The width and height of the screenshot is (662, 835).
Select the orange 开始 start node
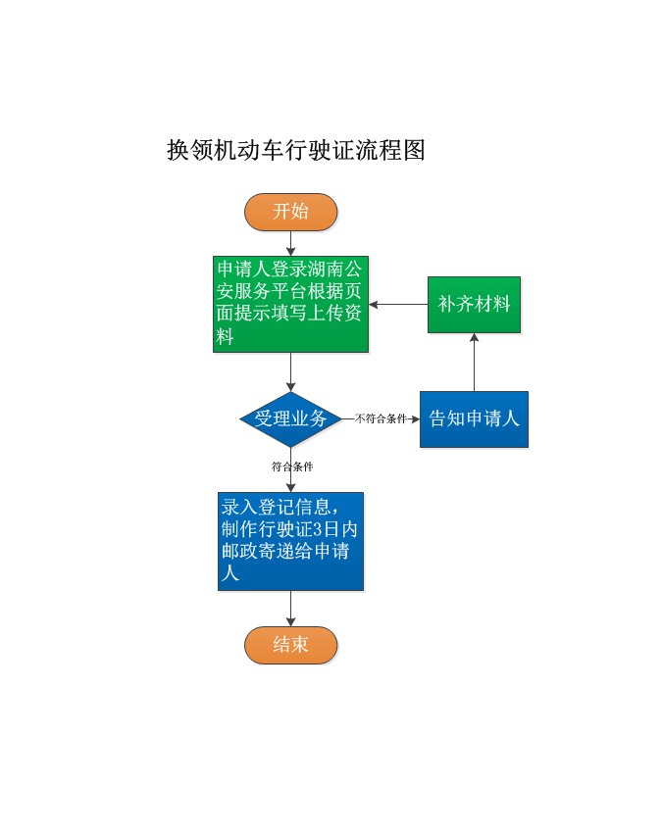(x=290, y=212)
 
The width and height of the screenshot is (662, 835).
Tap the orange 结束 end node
(x=290, y=645)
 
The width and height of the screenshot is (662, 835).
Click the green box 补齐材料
(x=474, y=304)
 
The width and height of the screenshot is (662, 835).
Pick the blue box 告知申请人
(x=474, y=418)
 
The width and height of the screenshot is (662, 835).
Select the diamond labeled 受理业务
(x=290, y=418)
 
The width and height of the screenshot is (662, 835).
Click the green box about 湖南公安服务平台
(x=291, y=304)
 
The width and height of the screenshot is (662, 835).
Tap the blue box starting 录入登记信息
(x=290, y=541)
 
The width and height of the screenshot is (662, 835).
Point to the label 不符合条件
(x=381, y=418)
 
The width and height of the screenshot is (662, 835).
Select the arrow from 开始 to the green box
(x=290, y=243)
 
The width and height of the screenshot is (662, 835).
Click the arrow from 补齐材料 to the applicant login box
(x=397, y=304)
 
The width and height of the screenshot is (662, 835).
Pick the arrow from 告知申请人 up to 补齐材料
(x=474, y=363)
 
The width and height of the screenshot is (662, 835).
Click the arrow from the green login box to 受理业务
(x=290, y=372)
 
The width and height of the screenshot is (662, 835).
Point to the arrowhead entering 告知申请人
(x=415, y=418)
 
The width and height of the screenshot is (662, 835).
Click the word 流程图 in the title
(x=397, y=151)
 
